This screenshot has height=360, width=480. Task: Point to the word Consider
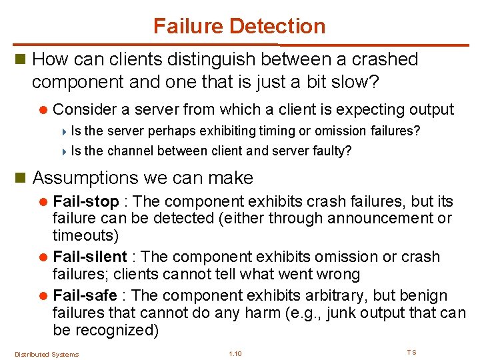(83, 109)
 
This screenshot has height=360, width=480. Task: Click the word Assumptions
(85, 178)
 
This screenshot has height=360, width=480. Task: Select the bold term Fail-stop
(85, 201)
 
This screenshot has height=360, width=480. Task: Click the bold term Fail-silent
(90, 257)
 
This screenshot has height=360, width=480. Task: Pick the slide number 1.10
(235, 353)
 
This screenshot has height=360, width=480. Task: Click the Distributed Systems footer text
(47, 354)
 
